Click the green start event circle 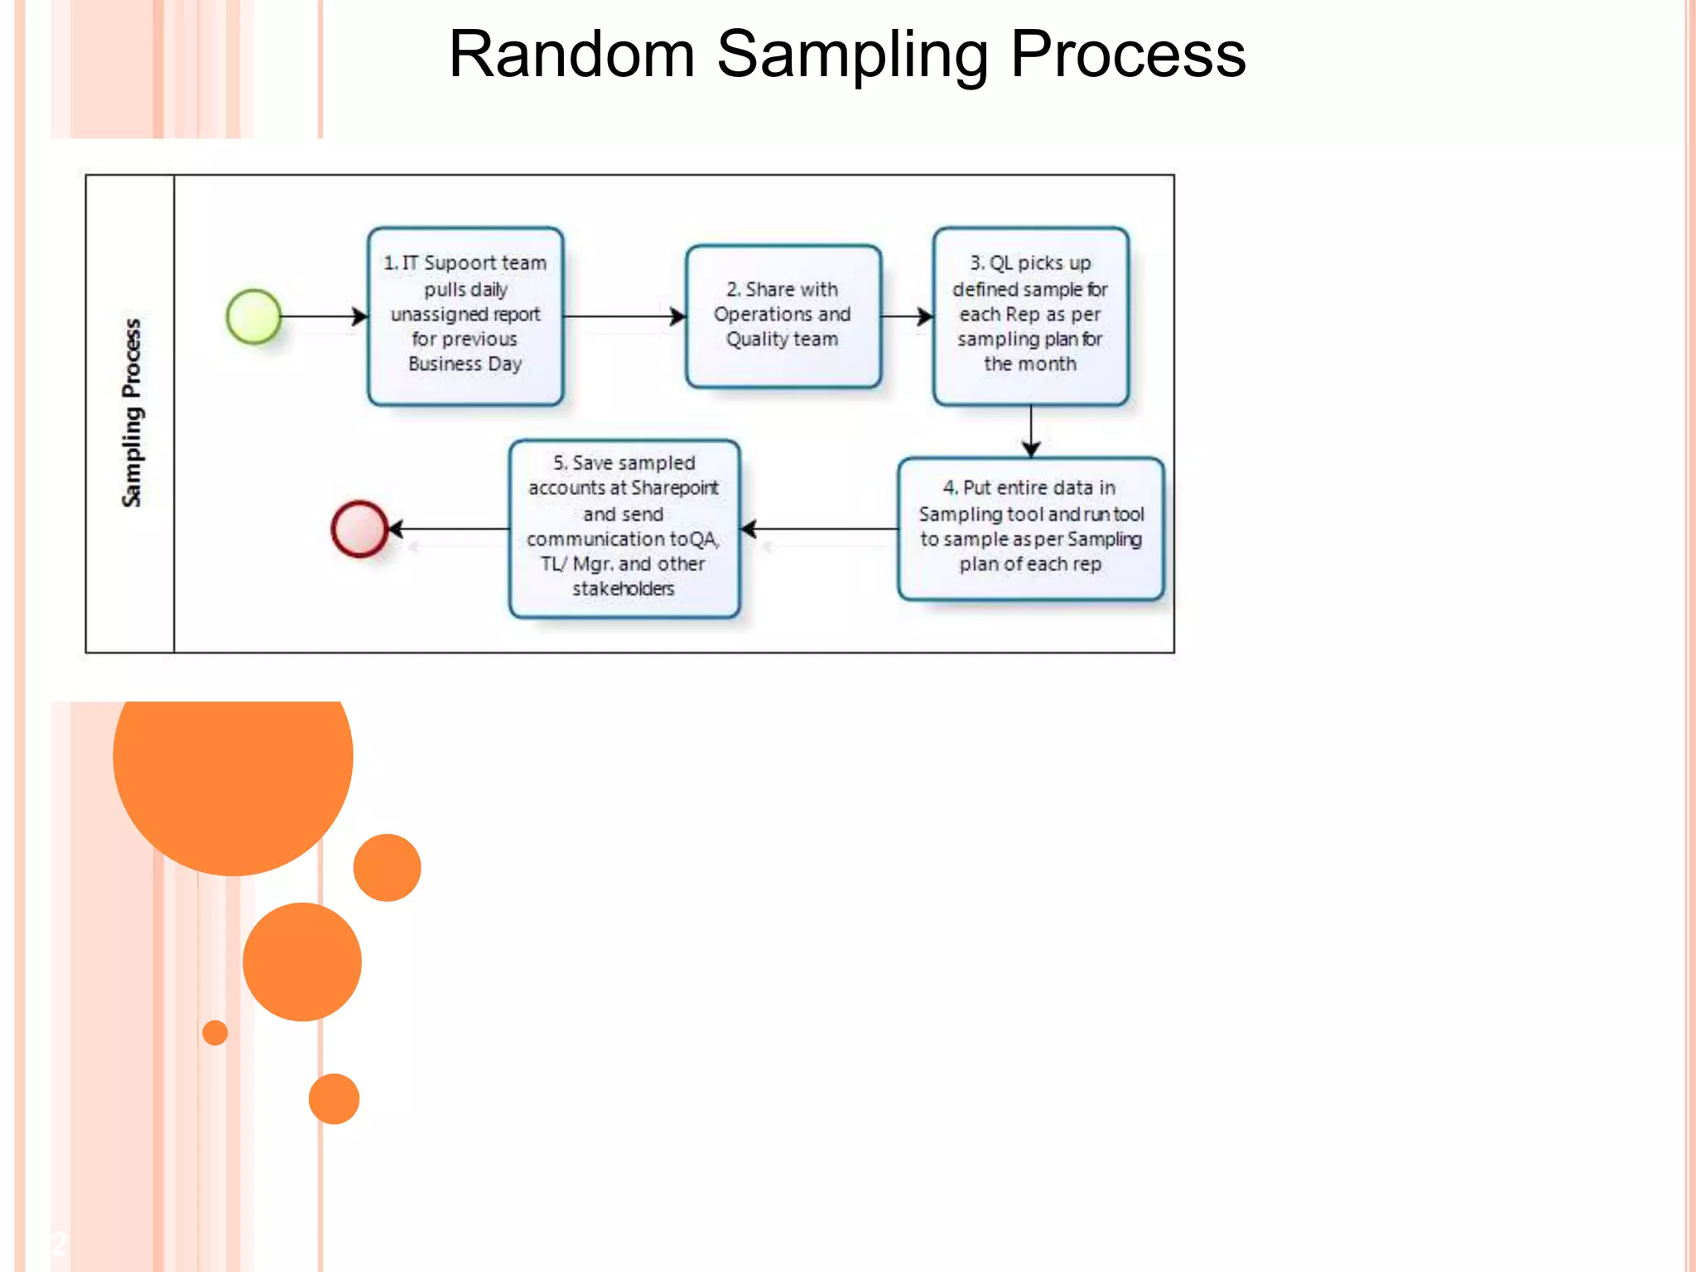pos(253,316)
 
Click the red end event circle pos(359,528)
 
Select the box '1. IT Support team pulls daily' pos(465,316)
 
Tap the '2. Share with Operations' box pos(783,316)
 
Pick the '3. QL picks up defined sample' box pos(1030,316)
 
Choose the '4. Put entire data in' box pos(1030,528)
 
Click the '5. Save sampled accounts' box pos(624,528)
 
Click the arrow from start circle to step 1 pos(323,316)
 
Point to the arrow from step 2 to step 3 pos(906,316)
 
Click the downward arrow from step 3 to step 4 pos(1031,431)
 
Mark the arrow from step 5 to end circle pos(448,528)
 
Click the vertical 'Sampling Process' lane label pos(132,412)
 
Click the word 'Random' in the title pos(571,55)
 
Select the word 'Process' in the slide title pos(1128,55)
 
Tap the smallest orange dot pos(215,1033)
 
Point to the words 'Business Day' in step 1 pos(465,364)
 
